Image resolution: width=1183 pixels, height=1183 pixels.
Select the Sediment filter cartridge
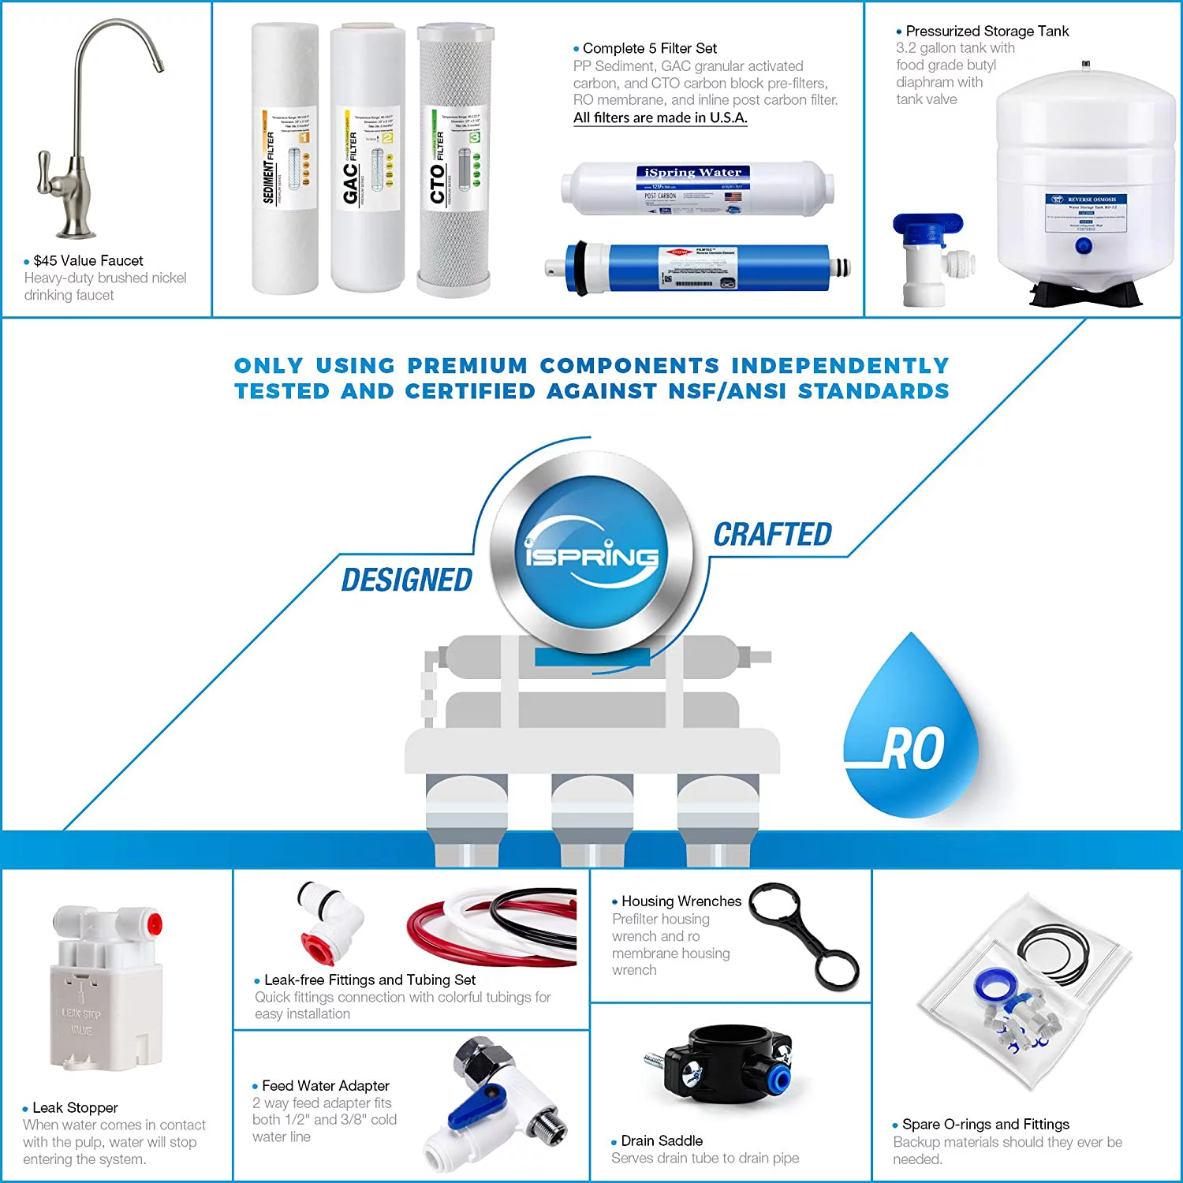[285, 158]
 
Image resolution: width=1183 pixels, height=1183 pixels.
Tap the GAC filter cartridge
[367, 158]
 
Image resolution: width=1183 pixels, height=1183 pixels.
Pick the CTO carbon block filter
[454, 158]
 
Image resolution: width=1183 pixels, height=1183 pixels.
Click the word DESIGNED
[407, 580]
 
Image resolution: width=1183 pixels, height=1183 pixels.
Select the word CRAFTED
[773, 535]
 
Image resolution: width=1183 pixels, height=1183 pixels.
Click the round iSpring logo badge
[591, 553]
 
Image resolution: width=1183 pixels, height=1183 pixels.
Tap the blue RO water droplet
[911, 733]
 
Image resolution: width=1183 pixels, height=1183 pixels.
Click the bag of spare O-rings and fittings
[1025, 994]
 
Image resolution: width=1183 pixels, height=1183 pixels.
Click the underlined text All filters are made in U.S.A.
[660, 118]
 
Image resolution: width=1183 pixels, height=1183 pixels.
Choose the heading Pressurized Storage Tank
[987, 32]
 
